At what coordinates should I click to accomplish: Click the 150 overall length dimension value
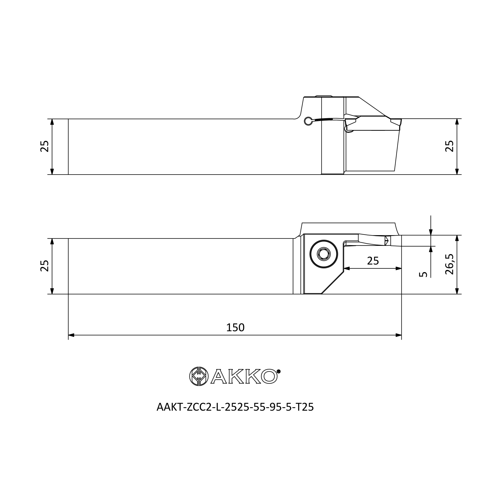coord(235,327)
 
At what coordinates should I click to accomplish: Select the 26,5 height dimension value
coord(449,264)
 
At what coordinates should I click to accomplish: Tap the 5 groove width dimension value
coord(423,274)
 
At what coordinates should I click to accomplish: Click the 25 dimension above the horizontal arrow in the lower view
coord(373,261)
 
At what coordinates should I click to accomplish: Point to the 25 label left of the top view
coord(45,146)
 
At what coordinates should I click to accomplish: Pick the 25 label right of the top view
coord(449,146)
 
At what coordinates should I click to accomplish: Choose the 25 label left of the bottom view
coord(45,266)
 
